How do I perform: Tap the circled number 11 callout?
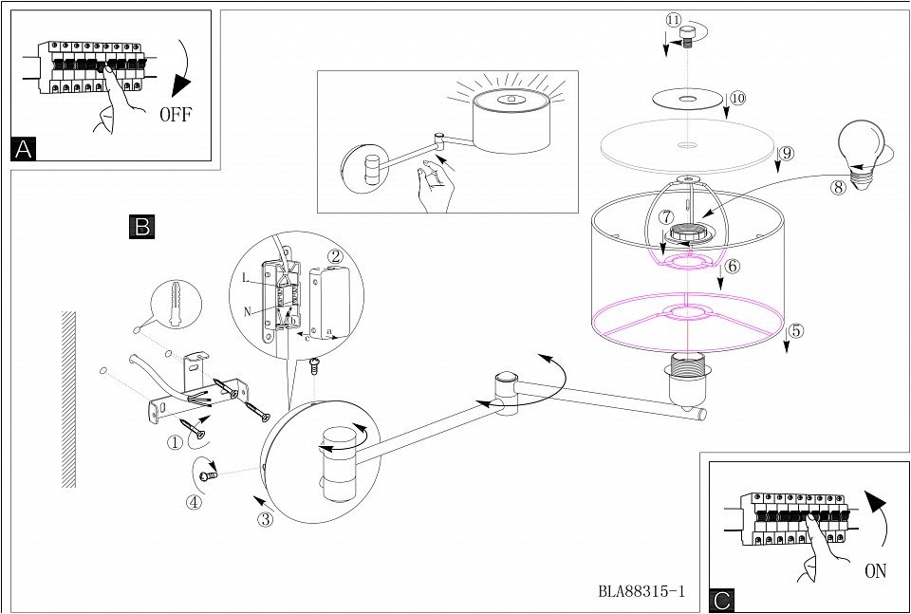click(x=673, y=20)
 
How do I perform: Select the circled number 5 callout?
click(x=795, y=331)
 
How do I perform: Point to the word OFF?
click(x=177, y=116)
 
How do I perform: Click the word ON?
click(x=876, y=572)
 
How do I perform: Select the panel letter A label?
click(x=25, y=148)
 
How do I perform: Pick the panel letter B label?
click(x=140, y=226)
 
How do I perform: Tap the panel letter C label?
click(x=722, y=600)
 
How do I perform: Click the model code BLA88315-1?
click(x=641, y=590)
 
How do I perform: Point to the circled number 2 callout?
click(x=335, y=255)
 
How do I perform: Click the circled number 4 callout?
click(x=194, y=503)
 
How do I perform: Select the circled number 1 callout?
click(x=175, y=441)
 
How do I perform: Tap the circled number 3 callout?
click(x=266, y=518)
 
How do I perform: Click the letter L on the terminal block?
click(x=246, y=276)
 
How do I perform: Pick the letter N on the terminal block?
click(x=246, y=310)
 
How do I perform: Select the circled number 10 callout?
click(x=737, y=98)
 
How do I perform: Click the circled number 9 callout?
click(x=787, y=153)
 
